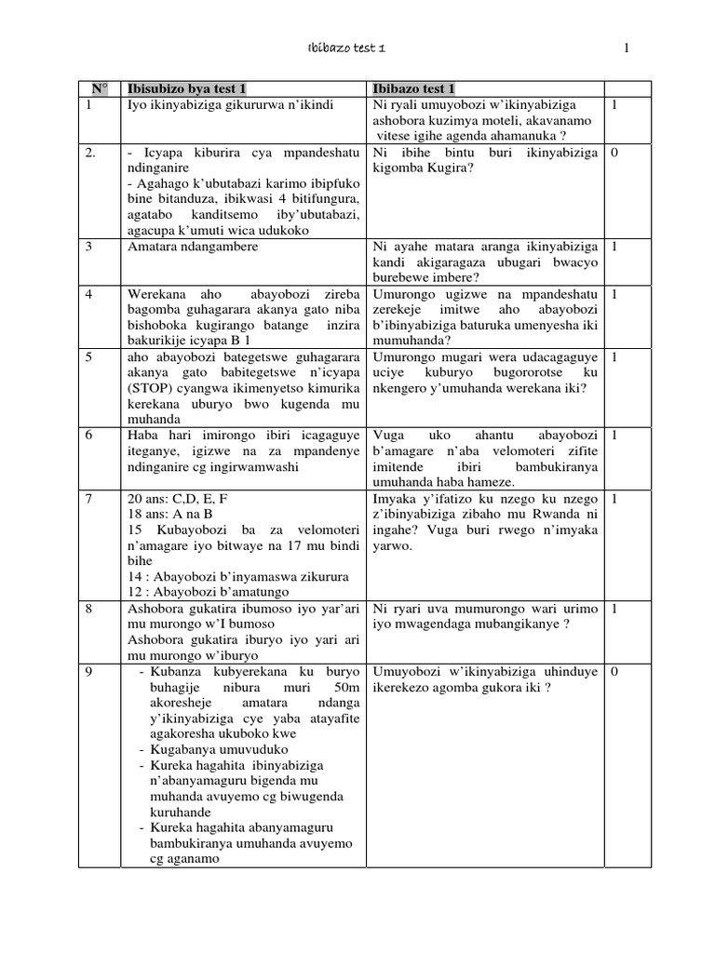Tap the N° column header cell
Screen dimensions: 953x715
click(99, 89)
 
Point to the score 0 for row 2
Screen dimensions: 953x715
click(614, 154)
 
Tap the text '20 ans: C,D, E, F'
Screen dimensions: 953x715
click(178, 499)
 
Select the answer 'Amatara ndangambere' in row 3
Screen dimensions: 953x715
click(193, 247)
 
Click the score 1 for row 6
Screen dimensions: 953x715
click(614, 435)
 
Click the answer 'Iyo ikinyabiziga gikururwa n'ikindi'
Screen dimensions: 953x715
click(232, 105)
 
